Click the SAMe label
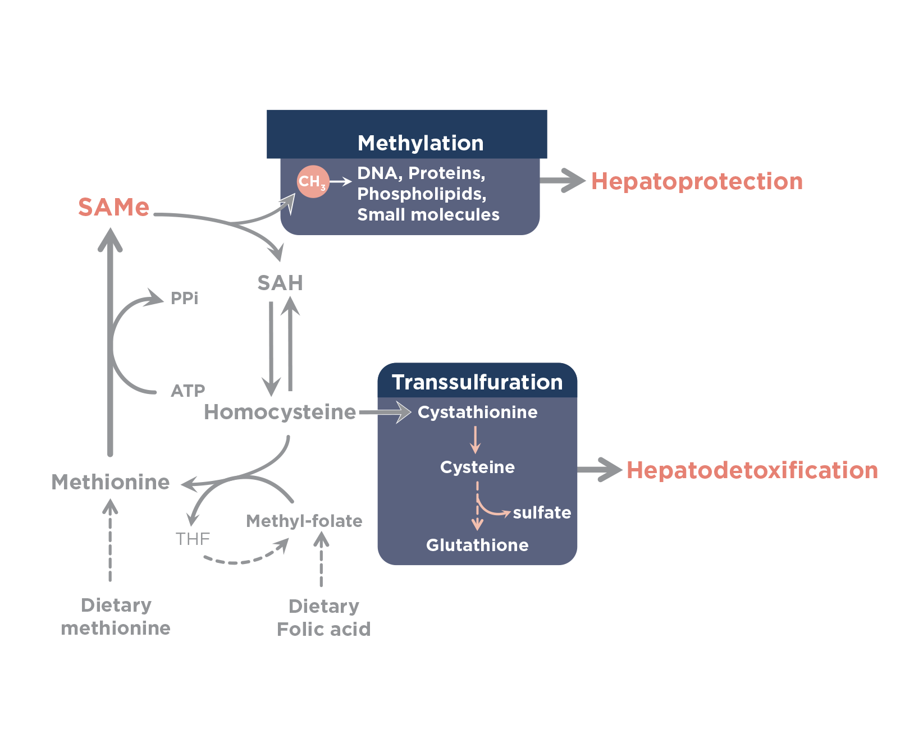pyautogui.click(x=114, y=207)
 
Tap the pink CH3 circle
pyautogui.click(x=312, y=181)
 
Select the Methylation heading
pyautogui.click(x=421, y=143)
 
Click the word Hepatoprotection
pyautogui.click(x=697, y=181)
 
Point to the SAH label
pyautogui.click(x=280, y=283)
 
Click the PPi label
pyautogui.click(x=184, y=298)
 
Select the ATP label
pyautogui.click(x=188, y=391)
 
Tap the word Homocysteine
pyautogui.click(x=280, y=412)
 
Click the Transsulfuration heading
pyautogui.click(x=477, y=382)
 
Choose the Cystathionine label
pyautogui.click(x=477, y=412)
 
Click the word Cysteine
pyautogui.click(x=477, y=467)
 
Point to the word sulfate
pyautogui.click(x=542, y=512)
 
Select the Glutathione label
pyautogui.click(x=477, y=545)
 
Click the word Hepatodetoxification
pyautogui.click(x=751, y=470)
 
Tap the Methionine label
pyautogui.click(x=111, y=482)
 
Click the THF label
pyautogui.click(x=193, y=539)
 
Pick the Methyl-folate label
pyautogui.click(x=304, y=521)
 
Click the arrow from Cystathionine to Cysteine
pyautogui.click(x=476, y=439)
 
